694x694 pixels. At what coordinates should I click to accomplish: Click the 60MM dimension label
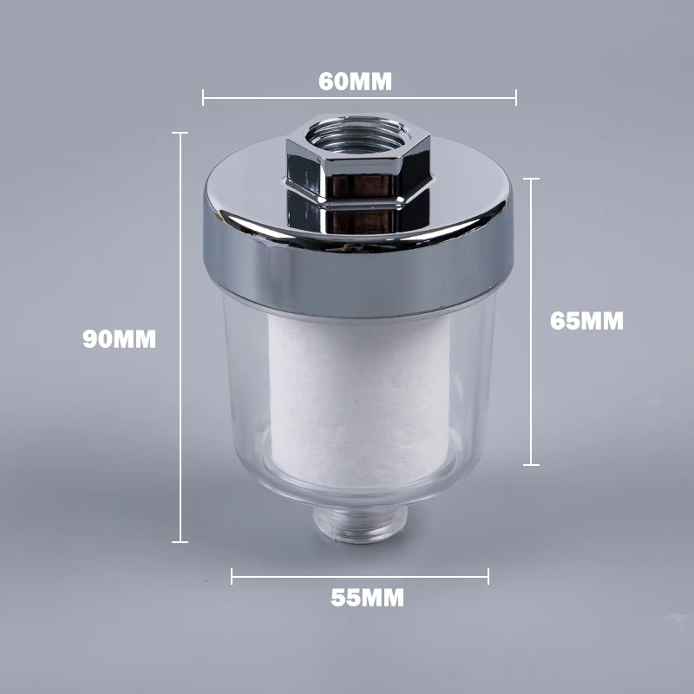coord(356,82)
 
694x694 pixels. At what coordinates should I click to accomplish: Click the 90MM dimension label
coord(120,339)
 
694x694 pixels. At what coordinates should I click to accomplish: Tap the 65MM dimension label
coord(586,320)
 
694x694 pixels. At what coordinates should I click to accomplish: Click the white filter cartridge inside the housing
coord(359,399)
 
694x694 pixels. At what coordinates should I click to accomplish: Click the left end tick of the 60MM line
coord(203,97)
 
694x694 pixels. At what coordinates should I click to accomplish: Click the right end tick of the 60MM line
coord(516,97)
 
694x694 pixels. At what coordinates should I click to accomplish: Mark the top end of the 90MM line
coord(180,133)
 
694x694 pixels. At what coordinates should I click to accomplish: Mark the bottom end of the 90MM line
coord(180,542)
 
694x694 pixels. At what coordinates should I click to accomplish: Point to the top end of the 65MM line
coord(531,179)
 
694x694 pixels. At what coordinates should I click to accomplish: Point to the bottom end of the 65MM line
coord(531,465)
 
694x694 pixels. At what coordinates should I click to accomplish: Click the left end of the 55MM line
coord(232,575)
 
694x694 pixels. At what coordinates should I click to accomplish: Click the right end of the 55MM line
coord(488,575)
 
